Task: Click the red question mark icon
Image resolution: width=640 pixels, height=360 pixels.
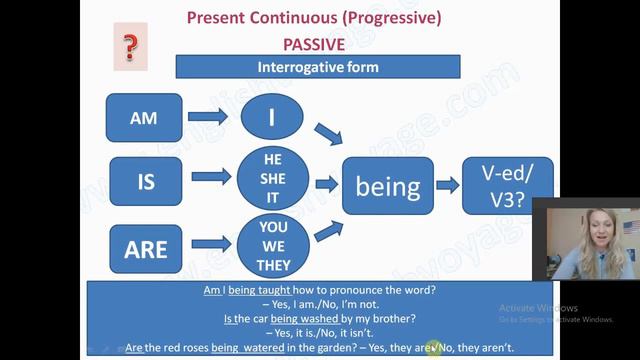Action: (130, 47)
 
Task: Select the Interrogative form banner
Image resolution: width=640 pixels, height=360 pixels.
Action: (318, 67)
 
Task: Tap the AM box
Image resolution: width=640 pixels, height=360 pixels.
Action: (144, 118)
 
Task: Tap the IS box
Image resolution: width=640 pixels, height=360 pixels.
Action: (144, 182)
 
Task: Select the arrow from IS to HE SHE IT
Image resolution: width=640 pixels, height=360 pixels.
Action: (211, 182)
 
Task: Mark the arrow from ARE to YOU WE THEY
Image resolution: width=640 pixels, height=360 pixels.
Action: (211, 243)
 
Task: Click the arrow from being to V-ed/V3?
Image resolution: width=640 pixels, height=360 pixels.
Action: (447, 184)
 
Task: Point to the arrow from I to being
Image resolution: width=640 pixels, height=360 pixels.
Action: (329, 134)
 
